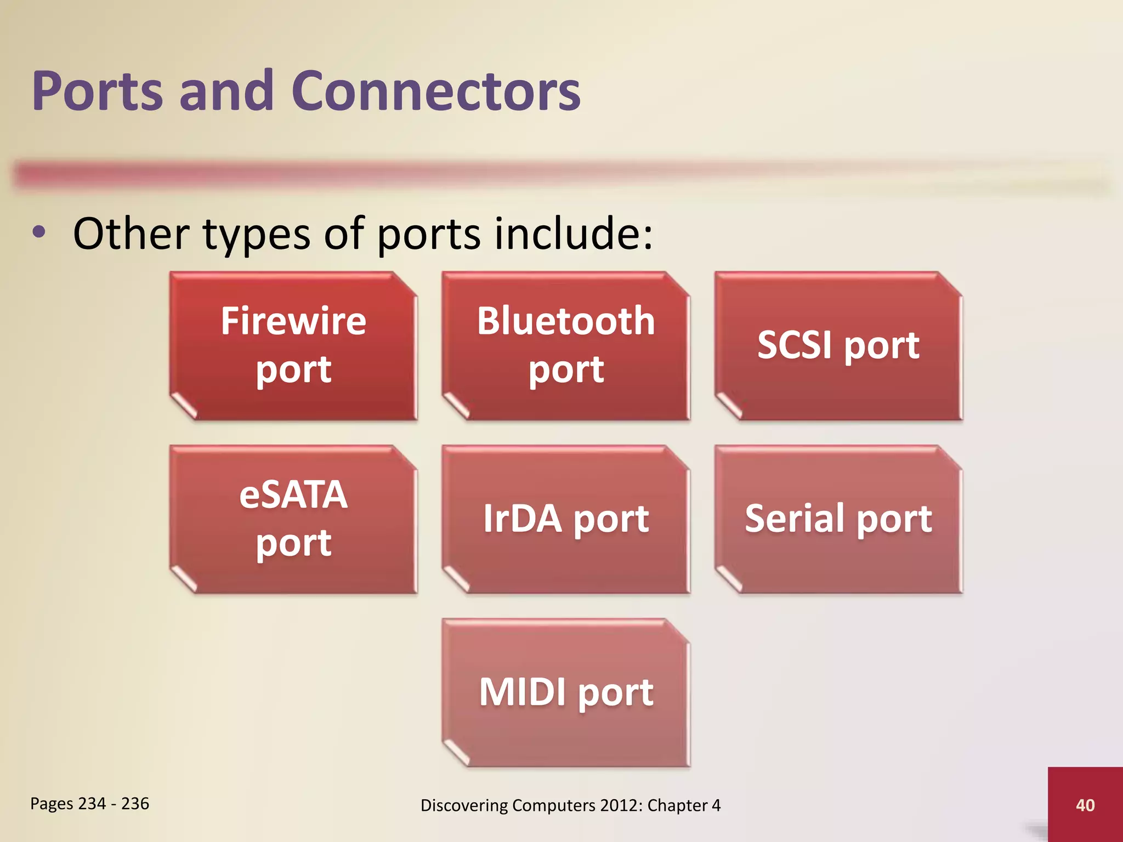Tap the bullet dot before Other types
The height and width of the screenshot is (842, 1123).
pos(39,232)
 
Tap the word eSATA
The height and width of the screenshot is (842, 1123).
pos(293,494)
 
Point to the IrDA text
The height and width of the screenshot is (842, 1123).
pos(522,519)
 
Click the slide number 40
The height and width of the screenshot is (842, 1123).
pos(1085,805)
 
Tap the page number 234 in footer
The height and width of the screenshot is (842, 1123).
pos(92,804)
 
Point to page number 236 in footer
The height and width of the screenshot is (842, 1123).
pos(135,804)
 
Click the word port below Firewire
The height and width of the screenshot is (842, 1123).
pos(293,370)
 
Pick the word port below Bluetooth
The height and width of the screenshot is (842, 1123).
pos(565,370)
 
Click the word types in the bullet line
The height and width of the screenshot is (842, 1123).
pos(257,235)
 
